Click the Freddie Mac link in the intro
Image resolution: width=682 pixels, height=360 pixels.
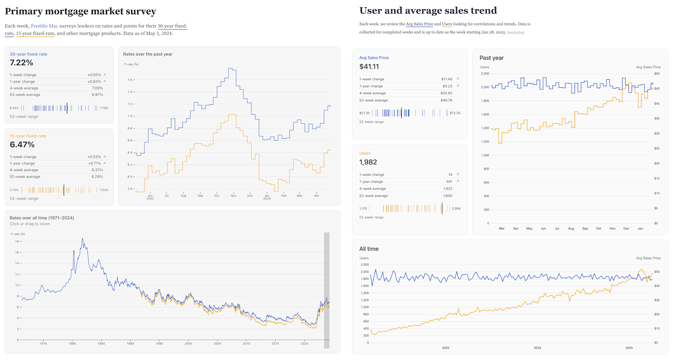click(x=44, y=26)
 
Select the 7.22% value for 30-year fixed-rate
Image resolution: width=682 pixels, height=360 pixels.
click(x=21, y=63)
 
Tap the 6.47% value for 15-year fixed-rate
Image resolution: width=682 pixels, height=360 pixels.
click(x=22, y=145)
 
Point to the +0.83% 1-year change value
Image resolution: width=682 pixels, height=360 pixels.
click(x=94, y=81)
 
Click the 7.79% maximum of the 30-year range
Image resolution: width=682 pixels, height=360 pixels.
click(x=104, y=108)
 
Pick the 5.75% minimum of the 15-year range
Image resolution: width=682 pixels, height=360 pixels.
click(x=14, y=190)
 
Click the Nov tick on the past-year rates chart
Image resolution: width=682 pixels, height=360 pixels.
click(x=234, y=196)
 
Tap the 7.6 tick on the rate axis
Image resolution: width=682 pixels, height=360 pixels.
click(x=130, y=80)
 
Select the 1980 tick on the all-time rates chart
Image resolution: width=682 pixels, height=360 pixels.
click(x=72, y=343)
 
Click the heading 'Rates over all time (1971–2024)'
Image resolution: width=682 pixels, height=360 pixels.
click(x=42, y=218)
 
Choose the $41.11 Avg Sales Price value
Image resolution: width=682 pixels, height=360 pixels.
click(x=369, y=66)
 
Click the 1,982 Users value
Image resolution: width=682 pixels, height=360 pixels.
click(x=368, y=162)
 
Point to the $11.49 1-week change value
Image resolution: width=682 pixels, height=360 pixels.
click(x=447, y=79)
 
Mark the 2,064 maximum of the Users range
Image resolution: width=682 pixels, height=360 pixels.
click(x=456, y=209)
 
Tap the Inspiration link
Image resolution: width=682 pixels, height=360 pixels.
click(x=515, y=32)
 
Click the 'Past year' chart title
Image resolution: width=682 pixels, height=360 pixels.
click(x=491, y=58)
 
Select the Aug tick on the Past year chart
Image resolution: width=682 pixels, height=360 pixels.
click(x=571, y=229)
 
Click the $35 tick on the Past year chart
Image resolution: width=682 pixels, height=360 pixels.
click(x=656, y=118)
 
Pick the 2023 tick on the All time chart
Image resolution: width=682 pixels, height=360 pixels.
click(x=538, y=348)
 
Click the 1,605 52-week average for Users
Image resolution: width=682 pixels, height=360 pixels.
click(x=448, y=196)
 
